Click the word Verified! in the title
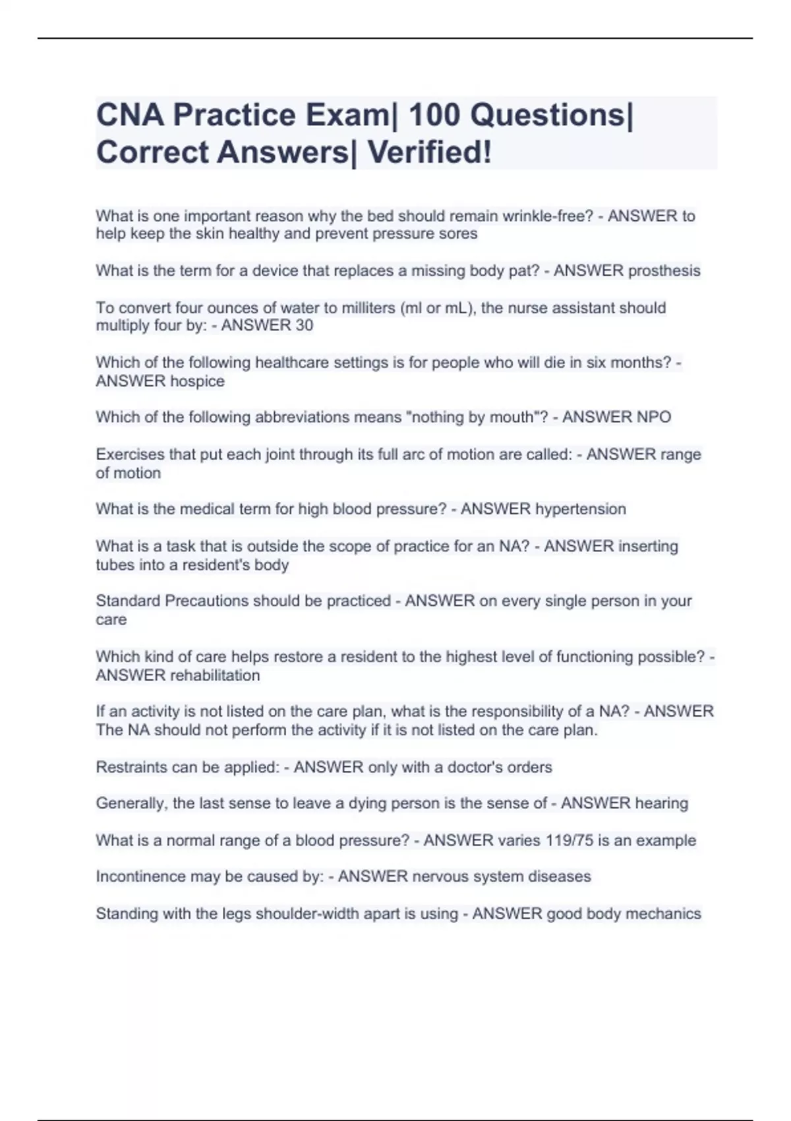point(429,152)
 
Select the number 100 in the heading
point(434,115)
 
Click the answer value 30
point(304,325)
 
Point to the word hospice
point(197,381)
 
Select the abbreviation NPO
point(654,417)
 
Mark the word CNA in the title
point(130,115)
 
